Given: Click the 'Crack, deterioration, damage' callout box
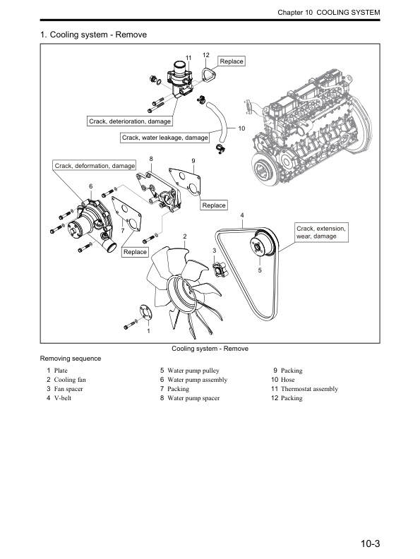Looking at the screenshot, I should point(130,121).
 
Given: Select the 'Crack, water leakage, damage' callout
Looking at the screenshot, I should point(164,138).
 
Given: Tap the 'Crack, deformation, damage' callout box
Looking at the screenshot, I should point(95,165).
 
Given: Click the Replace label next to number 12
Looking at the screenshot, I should point(231,61).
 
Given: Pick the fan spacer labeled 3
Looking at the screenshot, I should point(220,270).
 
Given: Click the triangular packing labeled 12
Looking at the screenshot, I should point(208,74).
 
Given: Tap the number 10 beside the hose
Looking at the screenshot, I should point(241,129).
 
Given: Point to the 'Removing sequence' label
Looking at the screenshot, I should point(70,359).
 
